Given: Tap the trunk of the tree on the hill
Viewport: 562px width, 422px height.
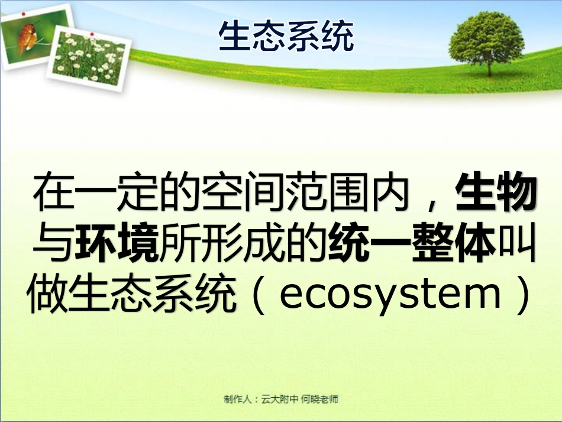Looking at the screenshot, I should pyautogui.click(x=489, y=67).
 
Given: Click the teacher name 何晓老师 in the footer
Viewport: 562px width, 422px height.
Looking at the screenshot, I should pyautogui.click(x=320, y=400).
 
